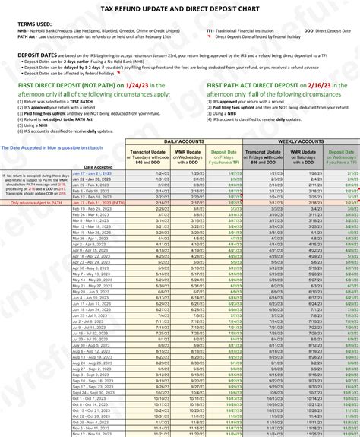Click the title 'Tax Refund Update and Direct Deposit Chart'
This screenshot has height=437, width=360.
pos(179,7)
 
